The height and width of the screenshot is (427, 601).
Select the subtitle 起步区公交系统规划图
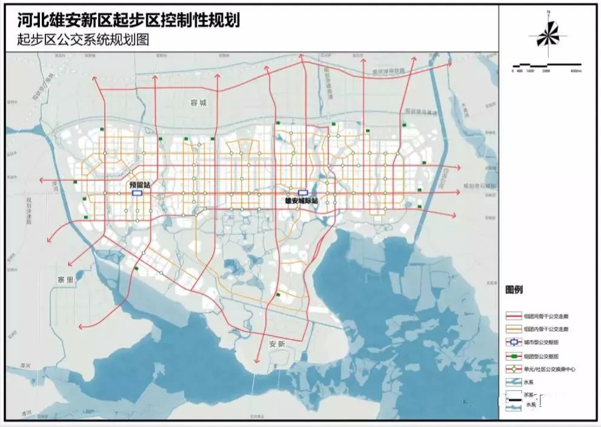pyautogui.click(x=83, y=40)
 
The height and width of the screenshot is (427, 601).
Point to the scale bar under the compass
pyautogui.click(x=546, y=65)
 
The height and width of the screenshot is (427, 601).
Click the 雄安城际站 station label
pyautogui.click(x=301, y=200)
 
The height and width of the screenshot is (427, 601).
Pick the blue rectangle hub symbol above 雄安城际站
pyautogui.click(x=303, y=193)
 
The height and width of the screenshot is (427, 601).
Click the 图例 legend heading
pyautogui.click(x=514, y=290)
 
